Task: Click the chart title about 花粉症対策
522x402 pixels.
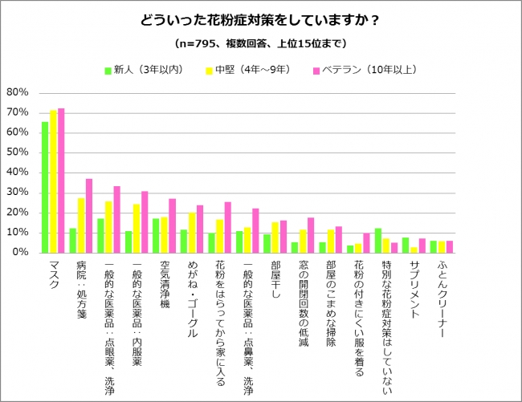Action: click(x=261, y=19)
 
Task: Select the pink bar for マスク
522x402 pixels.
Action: click(x=61, y=180)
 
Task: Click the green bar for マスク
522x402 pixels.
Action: click(x=45, y=186)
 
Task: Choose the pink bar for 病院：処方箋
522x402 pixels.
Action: click(x=89, y=215)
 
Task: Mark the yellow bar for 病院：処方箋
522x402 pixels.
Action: click(x=81, y=225)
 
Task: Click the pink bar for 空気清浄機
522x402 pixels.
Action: click(x=172, y=225)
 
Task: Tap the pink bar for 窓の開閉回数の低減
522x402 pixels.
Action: click(x=311, y=234)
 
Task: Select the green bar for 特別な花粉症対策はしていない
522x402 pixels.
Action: click(x=378, y=240)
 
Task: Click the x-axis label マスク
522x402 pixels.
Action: click(x=54, y=278)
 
